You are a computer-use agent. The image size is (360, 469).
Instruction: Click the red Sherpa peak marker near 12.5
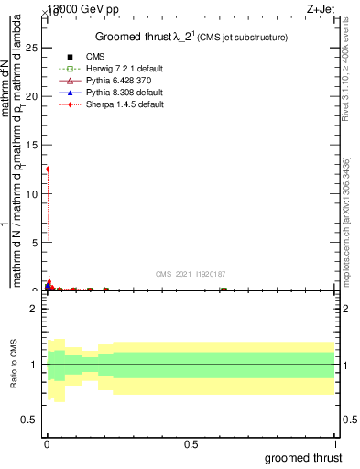click(x=48, y=169)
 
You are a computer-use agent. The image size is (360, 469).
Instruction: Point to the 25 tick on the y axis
click(x=35, y=48)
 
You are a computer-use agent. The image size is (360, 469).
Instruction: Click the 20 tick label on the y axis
click(x=35, y=96)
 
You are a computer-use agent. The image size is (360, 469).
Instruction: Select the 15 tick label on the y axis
click(x=35, y=145)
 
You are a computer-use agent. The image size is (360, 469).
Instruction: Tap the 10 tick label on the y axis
click(x=35, y=193)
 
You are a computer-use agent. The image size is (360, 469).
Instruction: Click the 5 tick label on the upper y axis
click(x=37, y=242)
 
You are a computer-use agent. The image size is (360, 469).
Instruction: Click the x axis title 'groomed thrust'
click(x=303, y=457)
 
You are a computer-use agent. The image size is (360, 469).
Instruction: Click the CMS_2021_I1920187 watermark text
click(x=190, y=274)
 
